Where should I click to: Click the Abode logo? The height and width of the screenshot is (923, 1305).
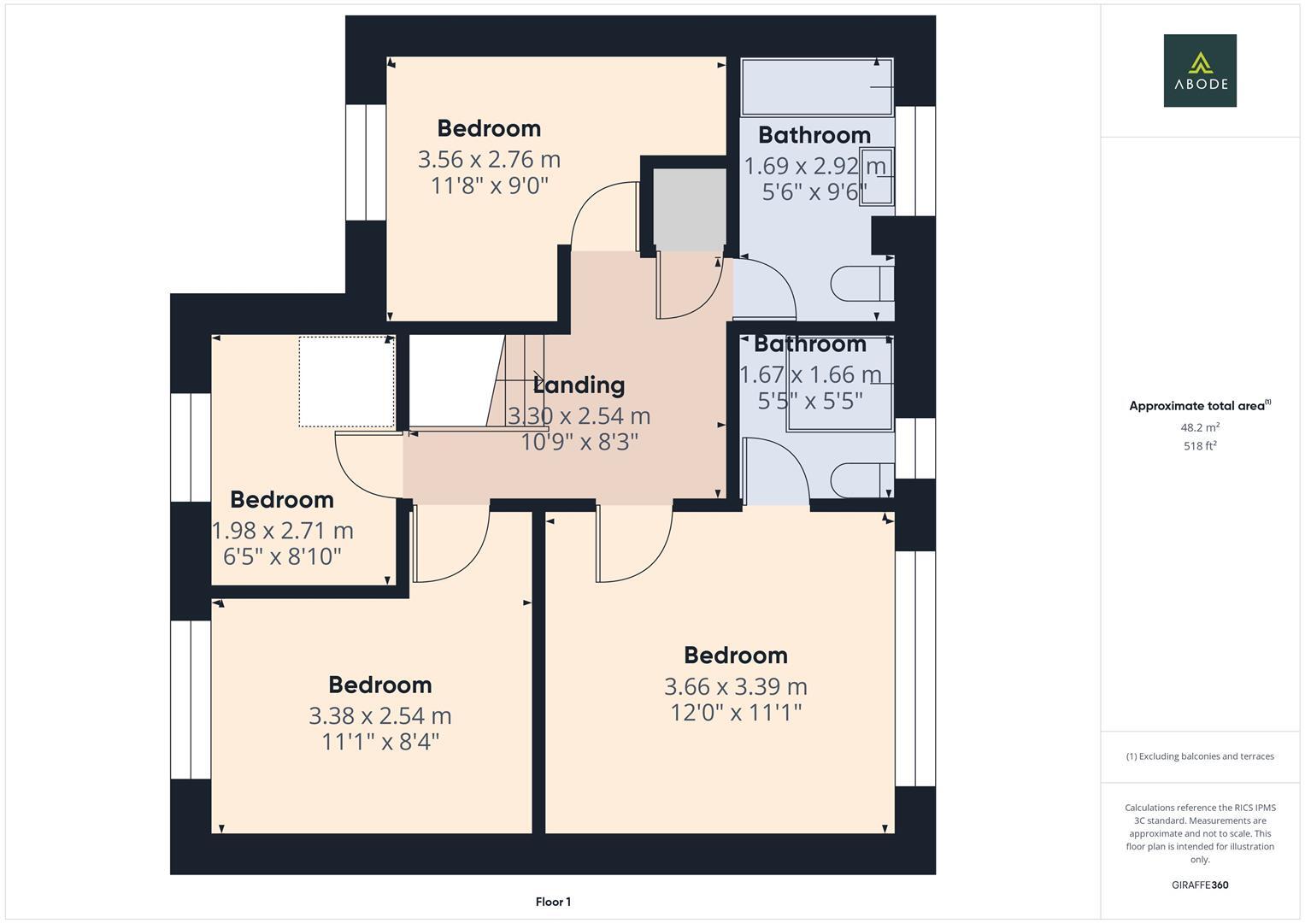[x=1200, y=71]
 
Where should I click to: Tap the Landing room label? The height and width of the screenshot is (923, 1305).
[x=579, y=385]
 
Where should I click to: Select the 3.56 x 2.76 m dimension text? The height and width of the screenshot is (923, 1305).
[x=489, y=160]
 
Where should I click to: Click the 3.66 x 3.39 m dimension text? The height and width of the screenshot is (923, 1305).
[x=735, y=686]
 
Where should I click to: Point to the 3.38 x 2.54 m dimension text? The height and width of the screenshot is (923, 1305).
[x=380, y=715]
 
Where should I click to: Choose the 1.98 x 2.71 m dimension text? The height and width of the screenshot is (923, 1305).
[x=283, y=531]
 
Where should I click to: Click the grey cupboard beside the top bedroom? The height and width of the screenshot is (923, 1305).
[x=689, y=209]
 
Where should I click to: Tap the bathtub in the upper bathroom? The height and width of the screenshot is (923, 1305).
[x=816, y=87]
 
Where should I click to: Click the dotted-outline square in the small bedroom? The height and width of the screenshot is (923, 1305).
[x=346, y=382]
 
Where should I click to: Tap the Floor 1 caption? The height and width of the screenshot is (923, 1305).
[x=553, y=902]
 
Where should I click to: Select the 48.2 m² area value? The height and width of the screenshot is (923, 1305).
[x=1200, y=427]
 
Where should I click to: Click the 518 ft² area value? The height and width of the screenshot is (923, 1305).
[x=1200, y=446]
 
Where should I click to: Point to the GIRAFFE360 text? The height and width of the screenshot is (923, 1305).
[x=1200, y=885]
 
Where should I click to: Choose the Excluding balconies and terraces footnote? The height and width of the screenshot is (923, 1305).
[x=1200, y=756]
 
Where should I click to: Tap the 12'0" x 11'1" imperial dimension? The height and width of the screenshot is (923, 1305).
[x=735, y=713]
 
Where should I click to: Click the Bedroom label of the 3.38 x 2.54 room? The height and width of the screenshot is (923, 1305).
[x=380, y=685]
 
